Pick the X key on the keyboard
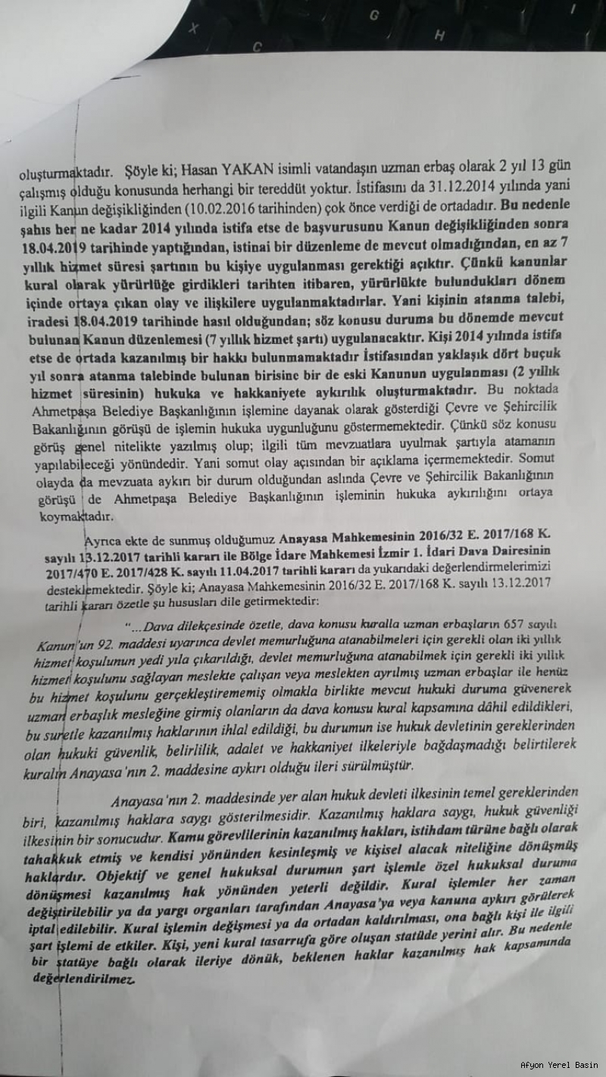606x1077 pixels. pos(195,29)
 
